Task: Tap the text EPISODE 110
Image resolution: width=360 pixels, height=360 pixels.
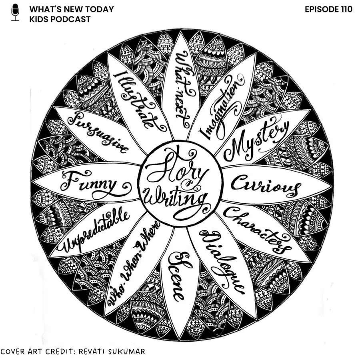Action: (328, 9)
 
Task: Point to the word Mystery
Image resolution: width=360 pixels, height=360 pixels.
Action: (256, 140)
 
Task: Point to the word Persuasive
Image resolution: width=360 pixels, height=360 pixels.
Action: (98, 132)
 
